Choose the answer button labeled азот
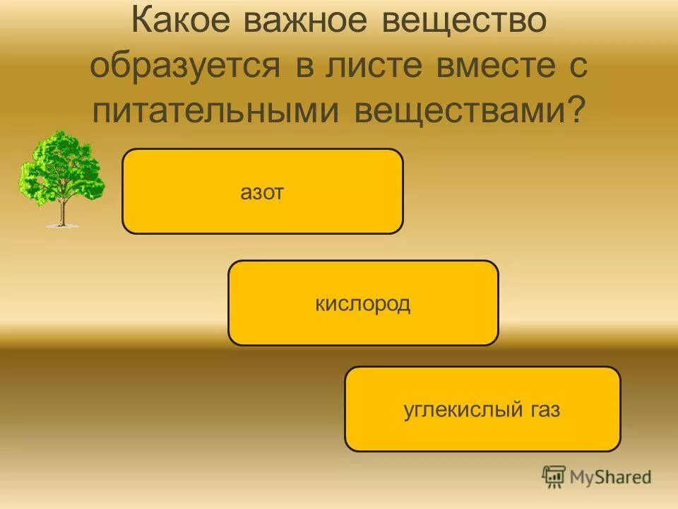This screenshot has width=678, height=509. click(262, 192)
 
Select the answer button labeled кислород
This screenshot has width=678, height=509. click(362, 303)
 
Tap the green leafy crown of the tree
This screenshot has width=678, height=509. click(62, 166)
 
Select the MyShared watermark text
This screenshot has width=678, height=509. click(611, 478)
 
